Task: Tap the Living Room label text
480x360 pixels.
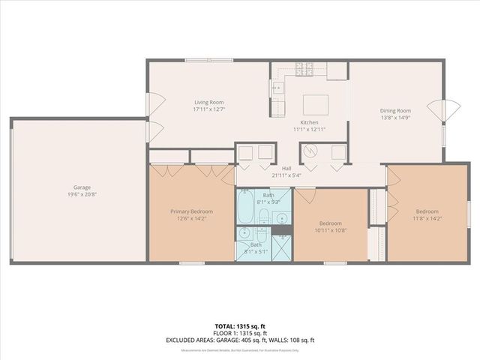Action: pyautogui.click(x=208, y=103)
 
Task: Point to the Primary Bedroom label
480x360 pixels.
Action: pyautogui.click(x=191, y=211)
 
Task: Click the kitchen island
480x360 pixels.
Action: pyautogui.click(x=315, y=103)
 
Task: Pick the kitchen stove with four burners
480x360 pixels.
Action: pyautogui.click(x=304, y=69)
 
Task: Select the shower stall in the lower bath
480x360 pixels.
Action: pyautogui.click(x=281, y=245)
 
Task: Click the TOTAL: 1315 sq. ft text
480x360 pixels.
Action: pyautogui.click(x=240, y=326)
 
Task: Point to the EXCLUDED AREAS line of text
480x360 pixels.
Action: pyautogui.click(x=240, y=340)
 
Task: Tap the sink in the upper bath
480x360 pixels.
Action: pyautogui.click(x=282, y=218)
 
